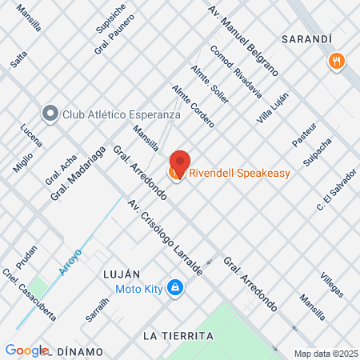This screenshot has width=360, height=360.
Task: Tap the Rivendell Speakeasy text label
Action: point(238,173)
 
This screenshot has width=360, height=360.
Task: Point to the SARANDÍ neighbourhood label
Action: point(306,38)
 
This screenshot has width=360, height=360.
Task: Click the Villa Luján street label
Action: point(272,108)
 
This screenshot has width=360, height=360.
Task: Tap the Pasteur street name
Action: point(304,133)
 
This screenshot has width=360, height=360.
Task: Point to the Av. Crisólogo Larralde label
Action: point(165,238)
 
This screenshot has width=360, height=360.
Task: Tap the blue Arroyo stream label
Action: point(71,262)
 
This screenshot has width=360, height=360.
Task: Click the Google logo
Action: point(26,350)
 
